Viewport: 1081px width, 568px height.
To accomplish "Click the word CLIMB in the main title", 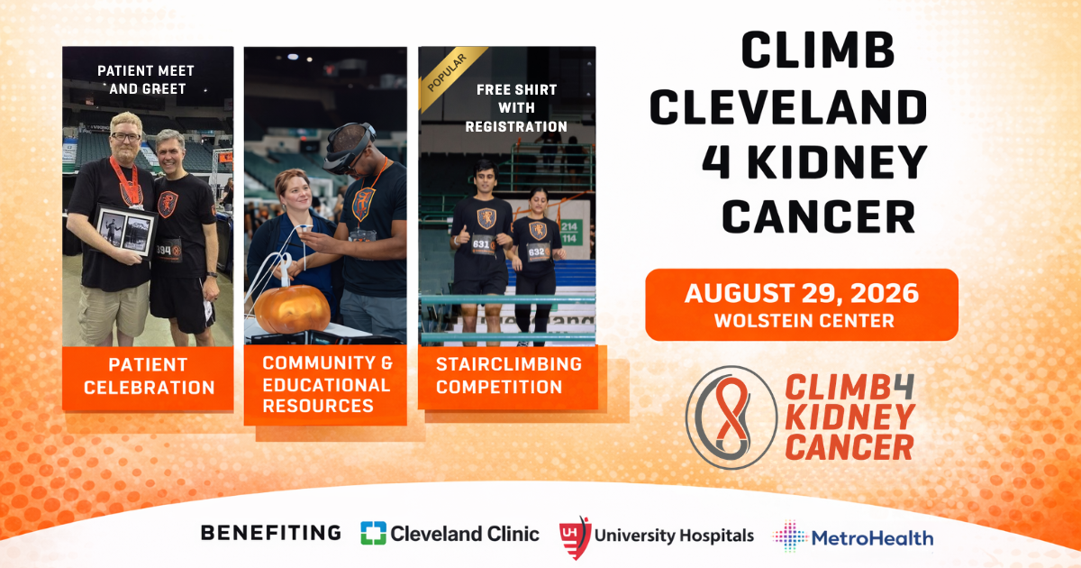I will point(817,51).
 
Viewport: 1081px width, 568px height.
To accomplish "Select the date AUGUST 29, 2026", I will point(801,294).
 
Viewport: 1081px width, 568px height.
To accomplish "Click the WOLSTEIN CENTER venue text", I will point(801,321).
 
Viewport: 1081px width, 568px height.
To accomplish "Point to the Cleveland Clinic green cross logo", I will point(373,533).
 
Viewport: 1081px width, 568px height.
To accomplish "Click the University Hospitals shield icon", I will point(574,535).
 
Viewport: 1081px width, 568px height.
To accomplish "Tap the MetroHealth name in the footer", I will point(873,537).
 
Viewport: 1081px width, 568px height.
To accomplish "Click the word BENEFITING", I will point(270,533).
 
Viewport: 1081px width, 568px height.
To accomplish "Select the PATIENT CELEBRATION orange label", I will point(149,377).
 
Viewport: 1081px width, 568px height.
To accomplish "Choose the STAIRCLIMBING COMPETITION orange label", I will point(510,376).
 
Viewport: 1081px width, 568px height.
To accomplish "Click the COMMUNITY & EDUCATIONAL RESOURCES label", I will point(327,385).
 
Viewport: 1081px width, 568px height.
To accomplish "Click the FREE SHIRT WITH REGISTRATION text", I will point(516,108).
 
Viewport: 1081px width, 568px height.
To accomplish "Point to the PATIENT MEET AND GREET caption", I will point(146,79).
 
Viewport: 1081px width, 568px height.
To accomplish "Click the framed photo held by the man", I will point(125,231).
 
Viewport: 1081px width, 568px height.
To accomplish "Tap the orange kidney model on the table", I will point(291,308).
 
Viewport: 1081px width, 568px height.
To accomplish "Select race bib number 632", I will point(537,251).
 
